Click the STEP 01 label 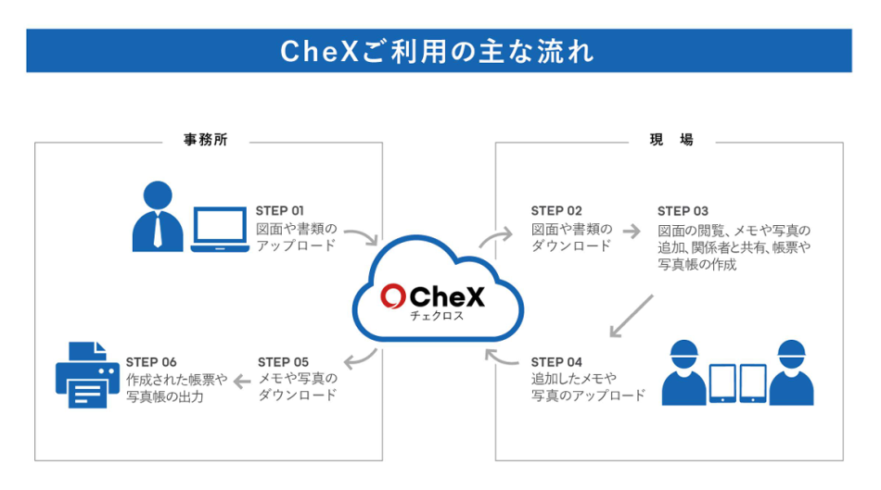(279, 210)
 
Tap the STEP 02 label (556, 210)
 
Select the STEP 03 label (683, 211)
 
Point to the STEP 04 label (556, 361)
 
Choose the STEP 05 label (283, 361)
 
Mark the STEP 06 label (151, 361)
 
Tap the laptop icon (220, 229)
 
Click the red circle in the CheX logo (393, 296)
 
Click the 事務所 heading (206, 141)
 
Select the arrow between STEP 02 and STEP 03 (632, 230)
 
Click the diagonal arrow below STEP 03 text (632, 317)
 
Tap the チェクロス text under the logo (436, 316)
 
